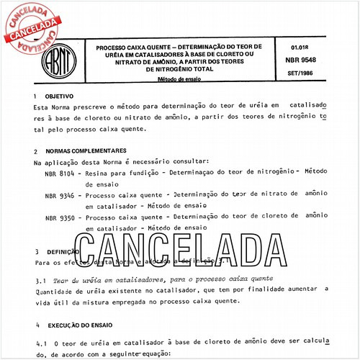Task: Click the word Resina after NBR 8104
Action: point(97,174)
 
